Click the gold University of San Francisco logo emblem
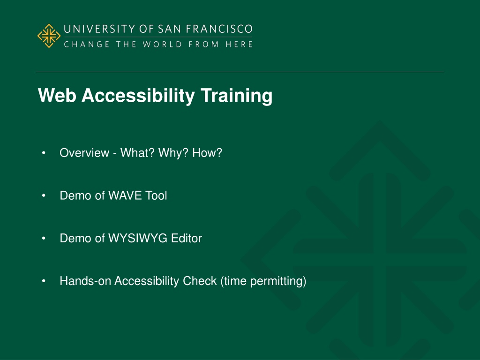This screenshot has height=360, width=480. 49,36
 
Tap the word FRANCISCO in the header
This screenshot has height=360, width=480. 219,29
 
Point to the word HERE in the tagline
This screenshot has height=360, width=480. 239,45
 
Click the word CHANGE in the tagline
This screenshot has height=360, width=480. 87,45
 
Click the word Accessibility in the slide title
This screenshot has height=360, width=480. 138,96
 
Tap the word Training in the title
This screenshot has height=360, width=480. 236,96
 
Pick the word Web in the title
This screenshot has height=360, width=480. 57,96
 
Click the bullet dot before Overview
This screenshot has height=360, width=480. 44,152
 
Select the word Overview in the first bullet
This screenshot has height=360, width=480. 84,153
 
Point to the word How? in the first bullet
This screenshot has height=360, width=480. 207,153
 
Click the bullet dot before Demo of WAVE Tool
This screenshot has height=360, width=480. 44,195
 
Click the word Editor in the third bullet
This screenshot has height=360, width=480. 187,238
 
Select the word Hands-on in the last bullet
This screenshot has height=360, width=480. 85,281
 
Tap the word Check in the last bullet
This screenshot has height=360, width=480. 200,281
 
